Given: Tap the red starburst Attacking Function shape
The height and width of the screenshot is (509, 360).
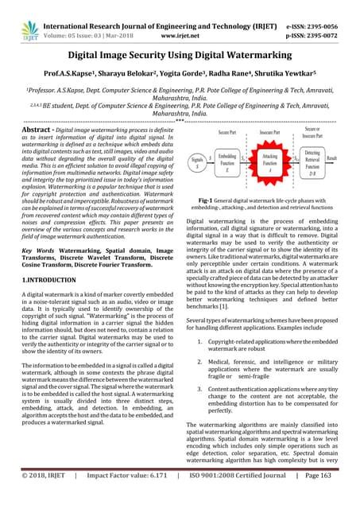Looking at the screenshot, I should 270,161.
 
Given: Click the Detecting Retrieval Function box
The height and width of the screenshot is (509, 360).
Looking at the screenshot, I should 312,162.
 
